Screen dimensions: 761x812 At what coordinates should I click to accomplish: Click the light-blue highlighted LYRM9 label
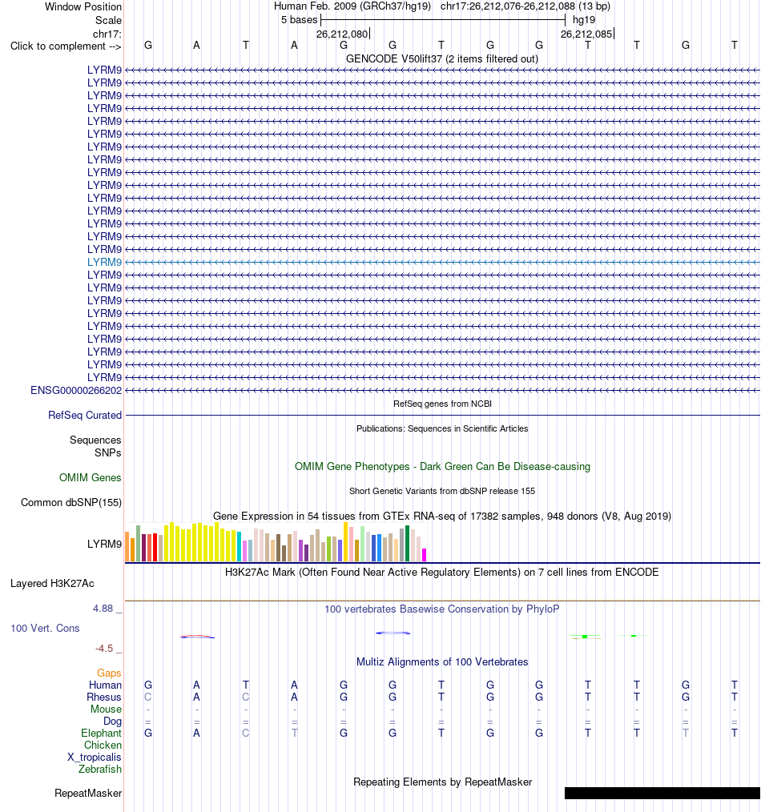(x=104, y=262)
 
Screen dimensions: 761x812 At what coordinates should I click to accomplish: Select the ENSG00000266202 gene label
(x=76, y=391)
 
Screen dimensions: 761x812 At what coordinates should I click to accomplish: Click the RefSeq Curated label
(x=85, y=416)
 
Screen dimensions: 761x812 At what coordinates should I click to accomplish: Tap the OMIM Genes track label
(x=91, y=477)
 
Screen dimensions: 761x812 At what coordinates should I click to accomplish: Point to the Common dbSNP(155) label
(x=71, y=503)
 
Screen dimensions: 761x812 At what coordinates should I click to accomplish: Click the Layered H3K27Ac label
(x=52, y=584)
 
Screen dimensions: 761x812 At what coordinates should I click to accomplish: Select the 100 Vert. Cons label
(x=45, y=628)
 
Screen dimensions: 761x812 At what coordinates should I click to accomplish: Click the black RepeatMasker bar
(x=662, y=793)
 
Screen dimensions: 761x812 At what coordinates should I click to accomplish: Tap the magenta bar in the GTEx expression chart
(x=425, y=555)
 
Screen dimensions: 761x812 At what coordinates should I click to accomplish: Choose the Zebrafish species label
(x=100, y=770)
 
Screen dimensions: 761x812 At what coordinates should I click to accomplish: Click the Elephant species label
(x=101, y=734)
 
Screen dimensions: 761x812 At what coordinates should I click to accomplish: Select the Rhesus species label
(x=104, y=697)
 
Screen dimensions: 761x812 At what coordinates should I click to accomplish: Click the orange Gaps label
(x=109, y=673)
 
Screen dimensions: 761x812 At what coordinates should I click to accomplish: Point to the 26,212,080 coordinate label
(x=342, y=34)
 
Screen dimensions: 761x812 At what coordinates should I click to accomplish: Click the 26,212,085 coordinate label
(x=586, y=34)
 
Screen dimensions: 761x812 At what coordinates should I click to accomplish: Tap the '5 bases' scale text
(x=299, y=20)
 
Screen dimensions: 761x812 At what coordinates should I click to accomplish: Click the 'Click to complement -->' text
(x=66, y=46)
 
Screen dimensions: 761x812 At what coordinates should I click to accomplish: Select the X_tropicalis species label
(x=95, y=757)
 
